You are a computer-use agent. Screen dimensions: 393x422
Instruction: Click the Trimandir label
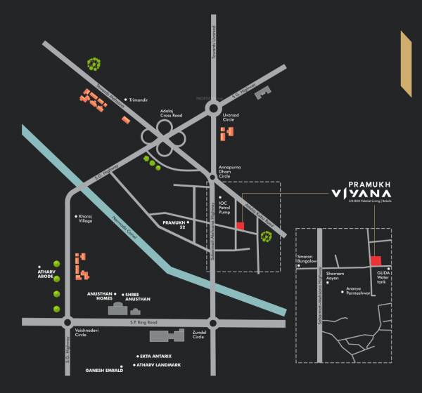pos(139,100)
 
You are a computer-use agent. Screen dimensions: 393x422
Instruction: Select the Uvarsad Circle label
pos(233,117)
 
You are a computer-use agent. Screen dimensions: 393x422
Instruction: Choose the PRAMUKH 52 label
pos(174,225)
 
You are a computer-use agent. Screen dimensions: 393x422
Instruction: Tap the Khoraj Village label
pos(84,219)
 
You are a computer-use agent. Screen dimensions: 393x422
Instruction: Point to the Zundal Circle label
pos(198,334)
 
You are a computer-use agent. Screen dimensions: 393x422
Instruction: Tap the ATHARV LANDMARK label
pos(160,366)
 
